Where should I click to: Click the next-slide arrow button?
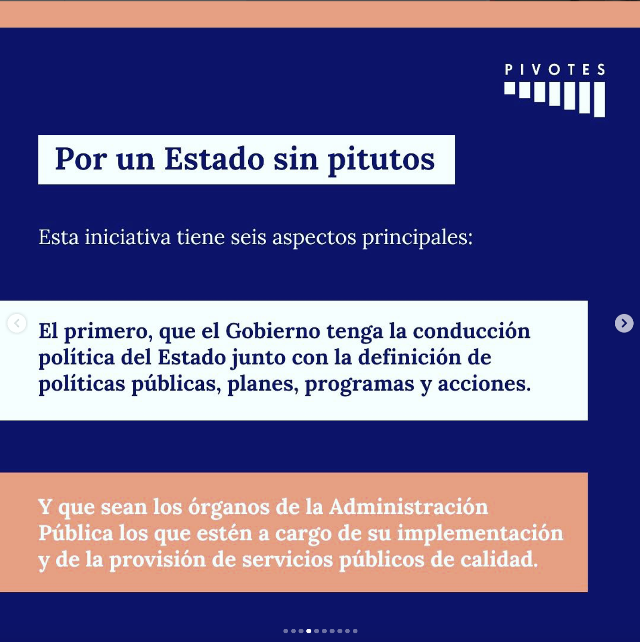coord(624,323)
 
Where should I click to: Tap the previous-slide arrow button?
coord(16,323)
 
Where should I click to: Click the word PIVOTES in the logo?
coord(555,70)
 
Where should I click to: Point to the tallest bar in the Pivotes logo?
coord(600,99)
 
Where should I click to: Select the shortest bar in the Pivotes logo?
coord(510,88)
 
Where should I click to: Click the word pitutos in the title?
coord(381,160)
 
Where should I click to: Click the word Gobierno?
coord(273,331)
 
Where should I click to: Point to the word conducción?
coord(471,331)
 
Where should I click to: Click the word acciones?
coord(484,384)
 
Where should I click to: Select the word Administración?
coord(409,507)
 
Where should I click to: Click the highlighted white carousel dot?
coord(309,631)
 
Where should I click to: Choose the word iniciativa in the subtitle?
coord(128,237)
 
